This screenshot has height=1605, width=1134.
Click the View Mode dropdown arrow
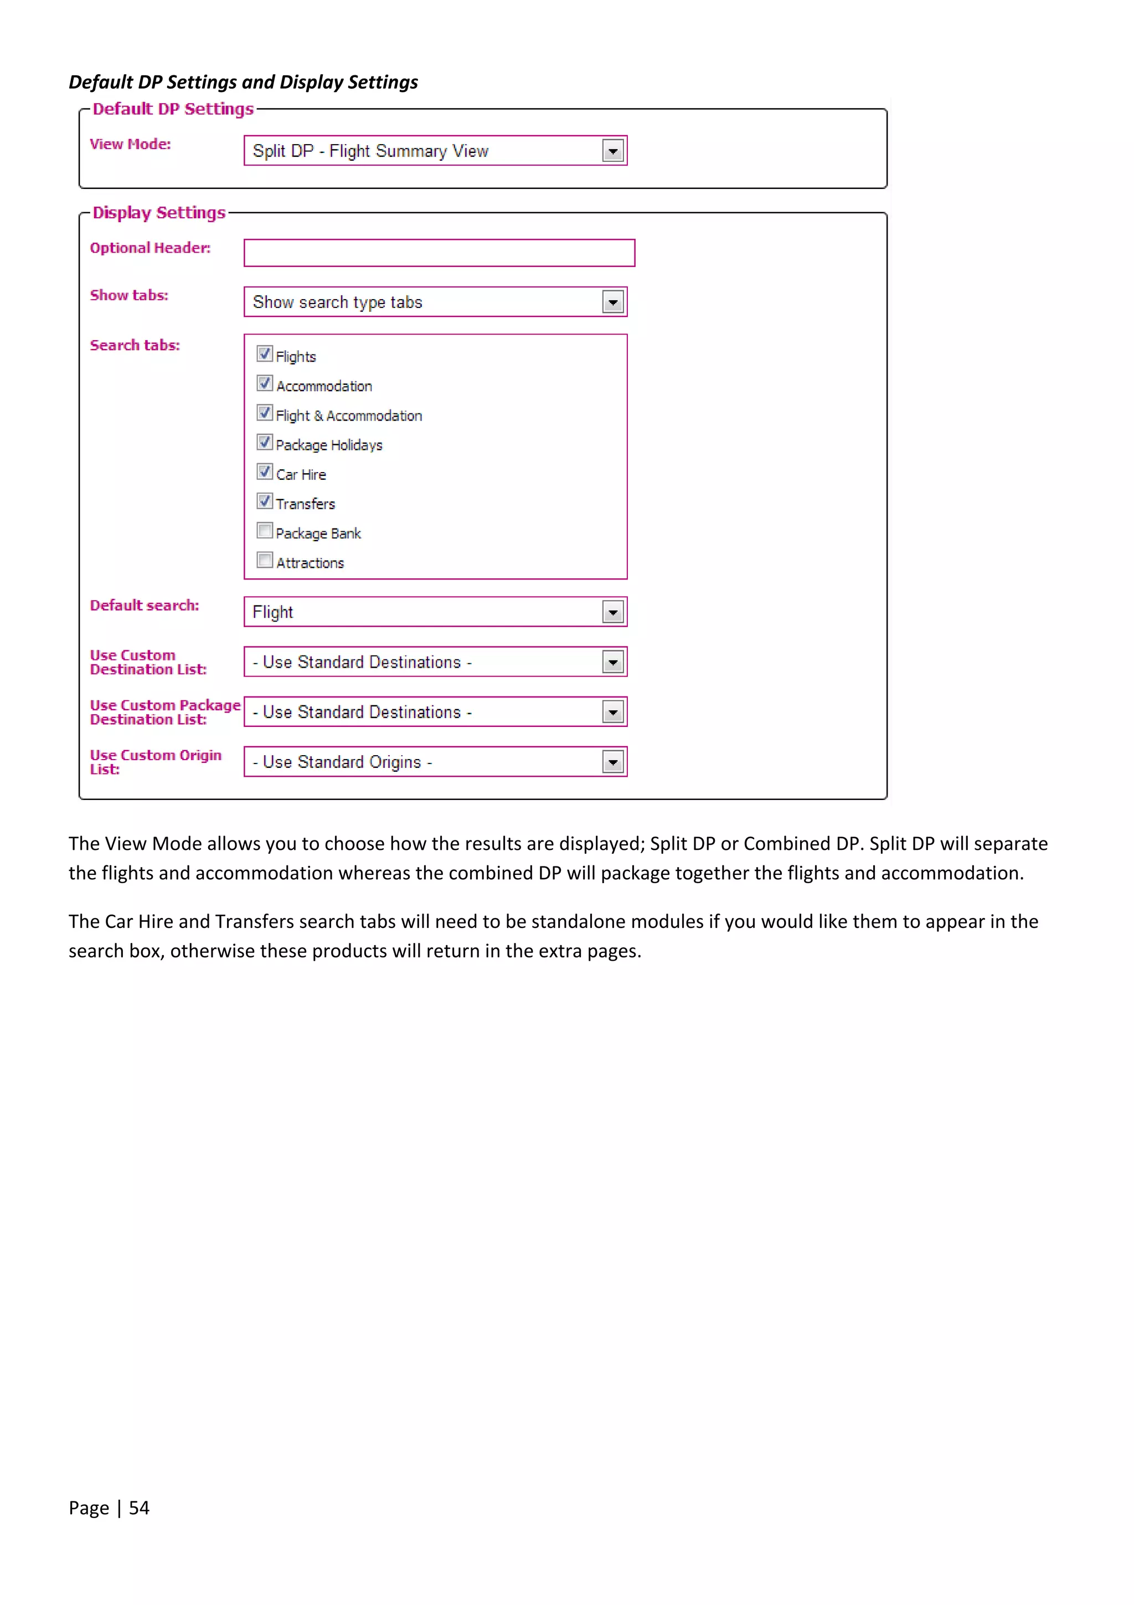coord(613,151)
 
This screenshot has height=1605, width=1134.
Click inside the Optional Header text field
coord(439,253)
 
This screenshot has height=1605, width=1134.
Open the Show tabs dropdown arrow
coord(613,302)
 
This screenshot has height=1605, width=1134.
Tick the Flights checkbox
coord(264,353)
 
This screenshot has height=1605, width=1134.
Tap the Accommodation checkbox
coord(264,383)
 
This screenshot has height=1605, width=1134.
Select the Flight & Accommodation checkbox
coord(264,412)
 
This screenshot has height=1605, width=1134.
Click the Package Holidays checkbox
coord(264,442)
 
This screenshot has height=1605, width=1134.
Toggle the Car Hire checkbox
coord(264,472)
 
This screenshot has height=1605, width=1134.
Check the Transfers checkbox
coord(264,501)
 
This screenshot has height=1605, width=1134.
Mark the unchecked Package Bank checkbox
coord(264,531)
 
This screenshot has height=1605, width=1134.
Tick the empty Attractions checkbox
coord(264,560)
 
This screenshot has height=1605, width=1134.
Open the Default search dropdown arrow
coord(613,612)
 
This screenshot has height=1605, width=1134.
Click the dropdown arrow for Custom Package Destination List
coord(613,712)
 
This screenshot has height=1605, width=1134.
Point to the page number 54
coord(139,1508)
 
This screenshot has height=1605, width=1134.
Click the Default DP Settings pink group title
coord(173,109)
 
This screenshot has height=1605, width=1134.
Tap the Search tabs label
coord(135,345)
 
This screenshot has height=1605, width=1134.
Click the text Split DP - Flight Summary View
coord(370,151)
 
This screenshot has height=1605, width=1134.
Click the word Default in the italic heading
coord(101,83)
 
